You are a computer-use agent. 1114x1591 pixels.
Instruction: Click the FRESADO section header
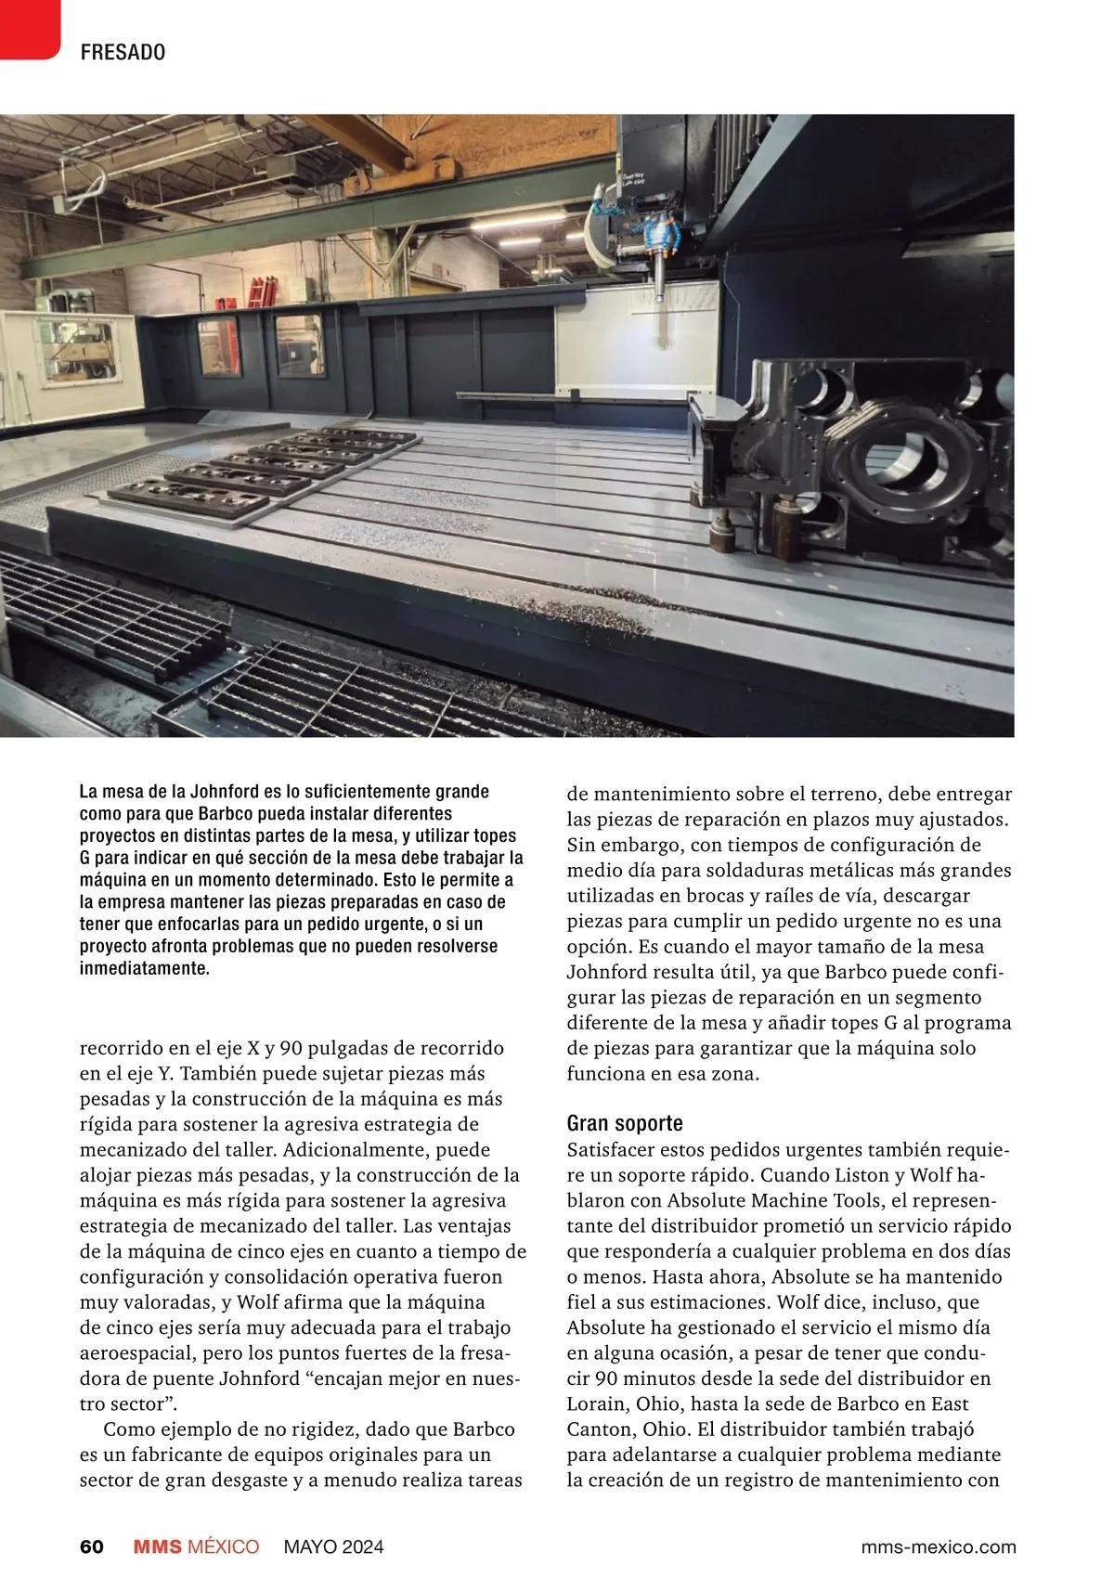(x=123, y=52)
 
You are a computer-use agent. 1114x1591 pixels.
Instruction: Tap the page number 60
(x=92, y=1546)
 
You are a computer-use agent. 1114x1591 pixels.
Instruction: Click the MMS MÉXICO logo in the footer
(x=196, y=1546)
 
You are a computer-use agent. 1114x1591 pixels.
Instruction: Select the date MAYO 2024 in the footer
(x=333, y=1546)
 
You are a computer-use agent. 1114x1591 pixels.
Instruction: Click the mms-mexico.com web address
(x=939, y=1546)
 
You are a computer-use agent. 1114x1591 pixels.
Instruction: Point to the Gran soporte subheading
(x=625, y=1123)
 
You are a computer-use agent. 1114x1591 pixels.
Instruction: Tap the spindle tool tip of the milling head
(x=657, y=297)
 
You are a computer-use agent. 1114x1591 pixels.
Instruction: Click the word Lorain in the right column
(x=596, y=1403)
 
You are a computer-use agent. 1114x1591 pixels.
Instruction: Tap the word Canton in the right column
(x=597, y=1429)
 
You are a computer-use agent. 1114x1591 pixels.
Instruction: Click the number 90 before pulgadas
(x=291, y=1048)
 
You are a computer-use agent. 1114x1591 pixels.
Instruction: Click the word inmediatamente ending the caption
(x=145, y=968)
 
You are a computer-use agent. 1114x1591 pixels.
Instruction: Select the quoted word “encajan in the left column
(x=344, y=1378)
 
